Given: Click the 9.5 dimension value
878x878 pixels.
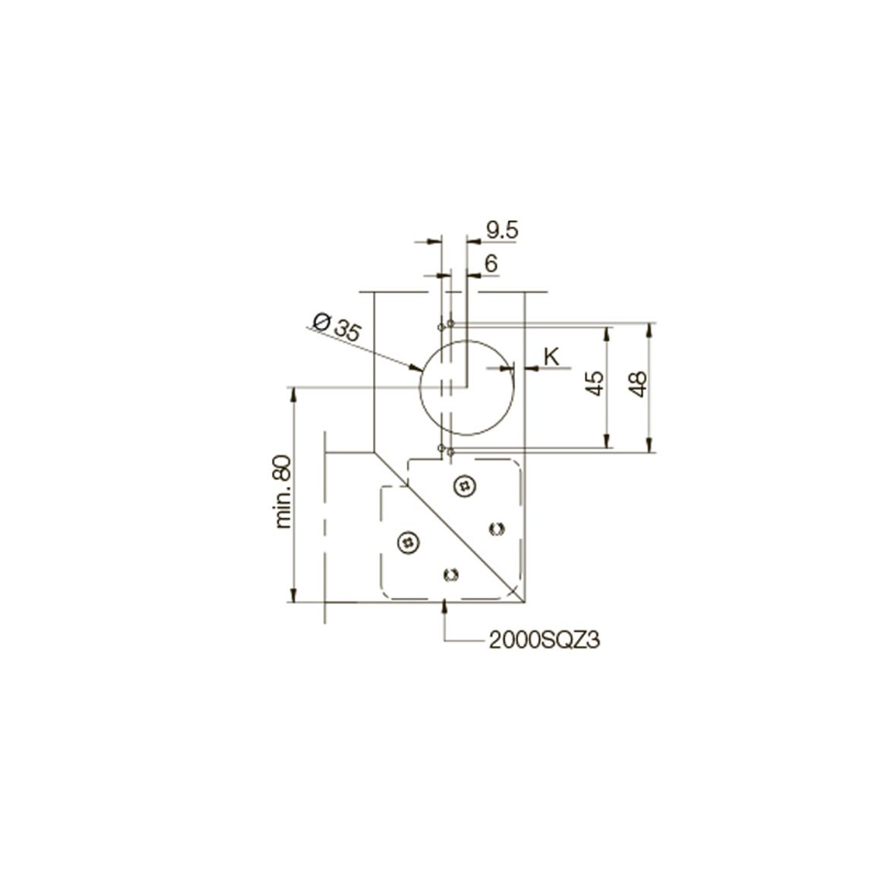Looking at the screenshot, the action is [502, 230].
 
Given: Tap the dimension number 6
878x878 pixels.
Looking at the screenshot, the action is [491, 264].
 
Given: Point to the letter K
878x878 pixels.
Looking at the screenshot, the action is [551, 356].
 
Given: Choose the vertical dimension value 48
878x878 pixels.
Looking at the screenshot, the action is [638, 384].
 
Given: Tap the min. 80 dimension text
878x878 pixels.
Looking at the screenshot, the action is [283, 491].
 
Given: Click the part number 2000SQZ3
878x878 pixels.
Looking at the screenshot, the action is [545, 640].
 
